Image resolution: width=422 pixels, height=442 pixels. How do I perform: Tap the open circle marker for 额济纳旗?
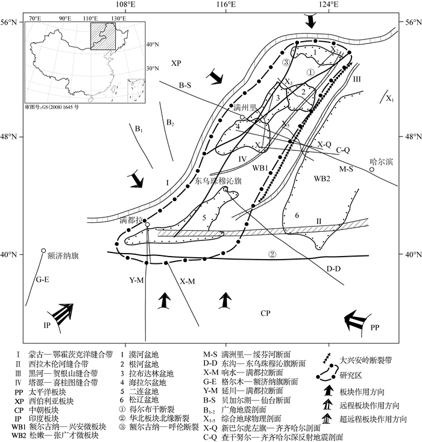click(43, 251)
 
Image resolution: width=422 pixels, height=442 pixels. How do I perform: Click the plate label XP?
click(175, 63)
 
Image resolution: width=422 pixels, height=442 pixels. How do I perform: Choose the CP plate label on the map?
click(266, 313)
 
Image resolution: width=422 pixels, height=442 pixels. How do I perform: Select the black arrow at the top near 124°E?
click(310, 21)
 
